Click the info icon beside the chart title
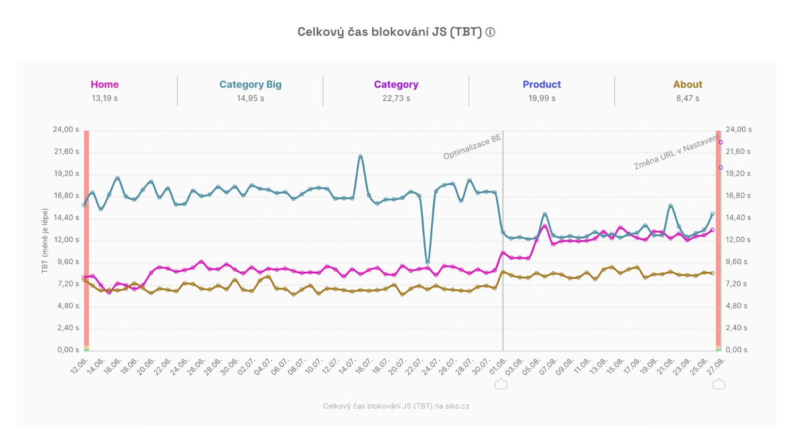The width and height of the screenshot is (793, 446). coord(490,32)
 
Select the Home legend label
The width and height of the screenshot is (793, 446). coord(104,85)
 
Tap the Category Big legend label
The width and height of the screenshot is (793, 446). coord(250,85)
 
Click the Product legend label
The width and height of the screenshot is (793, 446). coord(541,85)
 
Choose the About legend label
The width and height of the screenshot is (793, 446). coord(687,85)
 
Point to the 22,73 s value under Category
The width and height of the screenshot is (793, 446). coord(396,98)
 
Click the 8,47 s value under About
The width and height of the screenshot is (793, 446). coord(687,98)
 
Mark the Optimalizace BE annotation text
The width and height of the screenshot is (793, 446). coord(472,147)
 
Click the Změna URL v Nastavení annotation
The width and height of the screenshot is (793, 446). coord(676,152)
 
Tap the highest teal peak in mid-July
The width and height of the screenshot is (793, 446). coord(360,157)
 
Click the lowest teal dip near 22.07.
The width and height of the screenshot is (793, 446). coord(427,262)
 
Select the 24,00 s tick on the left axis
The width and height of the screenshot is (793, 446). coord(66,129)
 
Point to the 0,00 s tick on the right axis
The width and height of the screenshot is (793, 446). coord(736,350)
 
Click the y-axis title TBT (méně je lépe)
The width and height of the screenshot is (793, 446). coord(45,241)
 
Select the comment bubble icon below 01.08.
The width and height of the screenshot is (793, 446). coord(501,384)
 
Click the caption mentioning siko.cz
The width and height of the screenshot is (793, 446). coord(396,406)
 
